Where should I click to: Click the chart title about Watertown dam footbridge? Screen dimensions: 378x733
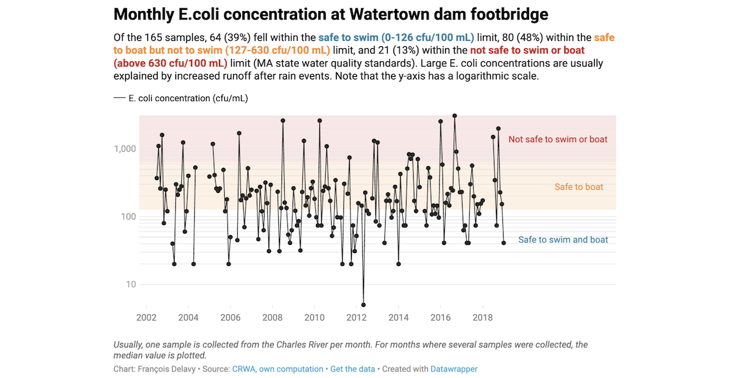pyautogui.click(x=330, y=14)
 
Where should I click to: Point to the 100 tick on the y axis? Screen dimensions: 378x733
pyautogui.click(x=127, y=216)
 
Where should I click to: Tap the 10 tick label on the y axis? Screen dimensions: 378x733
pyautogui.click(x=130, y=284)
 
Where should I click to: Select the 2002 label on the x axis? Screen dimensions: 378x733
pyautogui.click(x=146, y=317)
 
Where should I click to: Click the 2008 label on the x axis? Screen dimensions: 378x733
pyautogui.click(x=272, y=317)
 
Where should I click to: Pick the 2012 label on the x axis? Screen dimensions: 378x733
pyautogui.click(x=356, y=317)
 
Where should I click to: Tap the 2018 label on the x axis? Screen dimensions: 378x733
pyautogui.click(x=483, y=317)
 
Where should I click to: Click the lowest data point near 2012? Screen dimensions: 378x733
pyautogui.click(x=364, y=305)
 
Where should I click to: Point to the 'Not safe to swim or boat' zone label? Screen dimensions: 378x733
pyautogui.click(x=558, y=139)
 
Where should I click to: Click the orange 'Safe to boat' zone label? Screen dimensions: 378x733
pyautogui.click(x=579, y=187)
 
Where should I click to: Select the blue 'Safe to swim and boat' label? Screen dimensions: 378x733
pyautogui.click(x=563, y=240)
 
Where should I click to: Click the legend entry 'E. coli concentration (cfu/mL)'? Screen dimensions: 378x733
pyautogui.click(x=188, y=98)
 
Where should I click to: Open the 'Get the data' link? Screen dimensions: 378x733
pyautogui.click(x=352, y=369)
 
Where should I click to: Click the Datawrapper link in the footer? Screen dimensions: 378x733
pyautogui.click(x=453, y=369)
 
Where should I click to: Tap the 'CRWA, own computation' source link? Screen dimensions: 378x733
pyautogui.click(x=278, y=369)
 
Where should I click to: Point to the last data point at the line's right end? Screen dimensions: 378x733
pyautogui.click(x=504, y=243)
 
